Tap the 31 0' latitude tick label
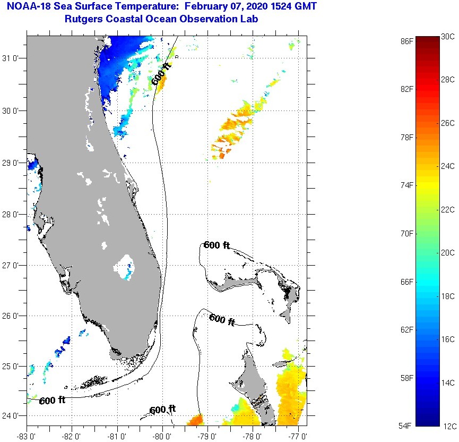[12, 58]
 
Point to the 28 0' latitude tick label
[12, 215]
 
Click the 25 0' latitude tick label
[12, 367]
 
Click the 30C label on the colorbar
[448, 36]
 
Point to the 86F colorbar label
[407, 40]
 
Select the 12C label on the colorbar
[448, 426]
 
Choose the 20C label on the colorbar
[448, 253]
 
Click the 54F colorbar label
[407, 426]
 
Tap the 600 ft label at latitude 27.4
[216, 245]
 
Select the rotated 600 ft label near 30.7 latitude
[161, 74]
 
